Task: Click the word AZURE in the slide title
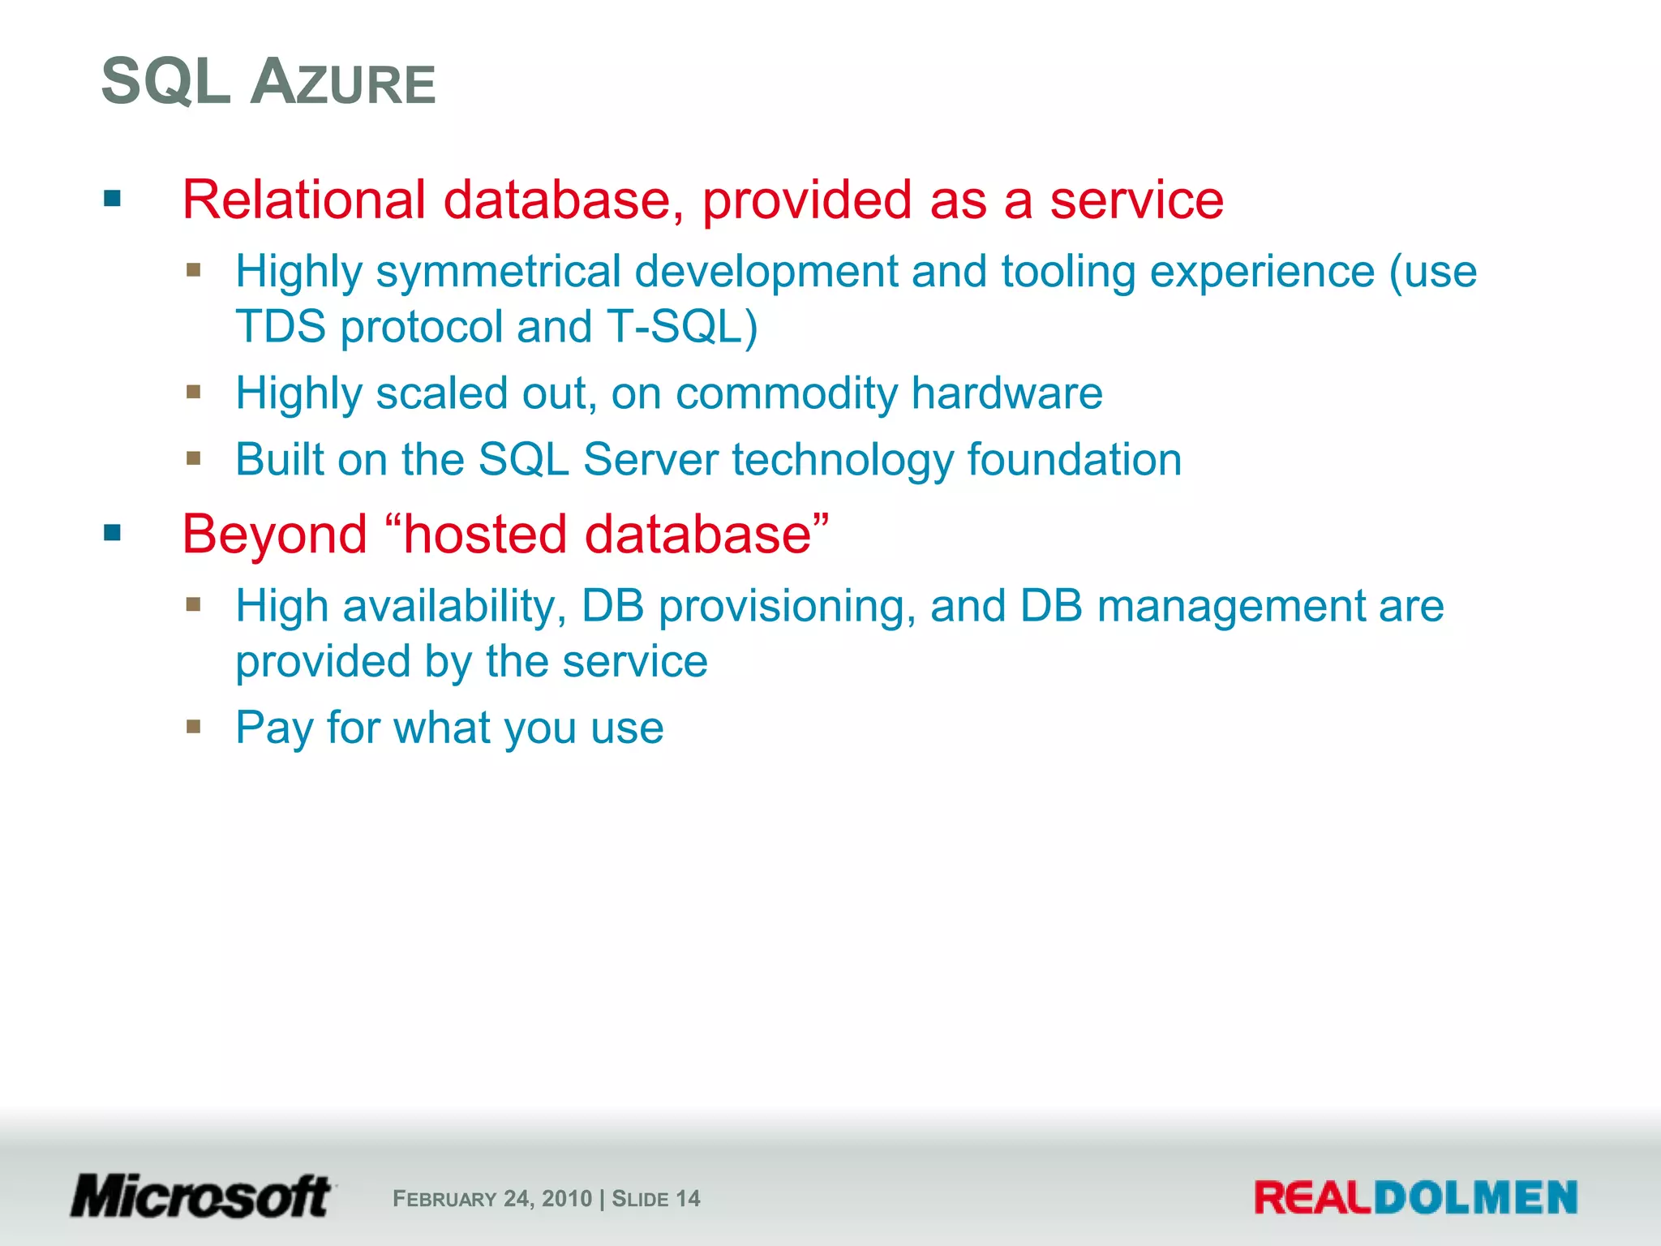(x=344, y=83)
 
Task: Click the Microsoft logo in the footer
(x=201, y=1197)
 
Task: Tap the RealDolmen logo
(x=1415, y=1198)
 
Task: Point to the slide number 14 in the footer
(x=688, y=1199)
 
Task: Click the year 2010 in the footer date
(x=567, y=1199)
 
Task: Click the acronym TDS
(x=281, y=326)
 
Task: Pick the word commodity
(x=786, y=393)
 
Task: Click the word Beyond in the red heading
(x=274, y=535)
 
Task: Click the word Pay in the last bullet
(x=274, y=728)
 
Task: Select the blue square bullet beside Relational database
(x=112, y=199)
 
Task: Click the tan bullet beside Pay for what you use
(x=193, y=726)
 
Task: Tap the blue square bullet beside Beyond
(x=112, y=533)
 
